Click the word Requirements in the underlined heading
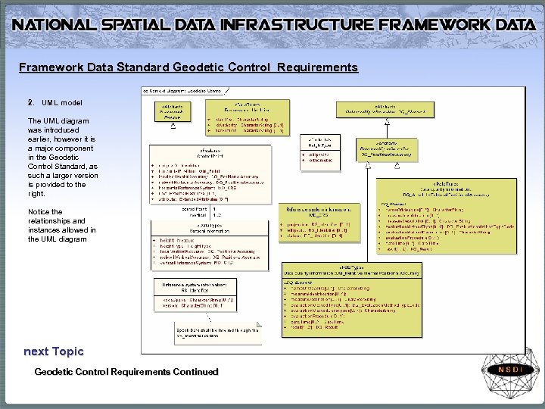(317, 67)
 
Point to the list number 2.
(30, 102)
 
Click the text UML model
(62, 102)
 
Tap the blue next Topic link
(53, 351)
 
